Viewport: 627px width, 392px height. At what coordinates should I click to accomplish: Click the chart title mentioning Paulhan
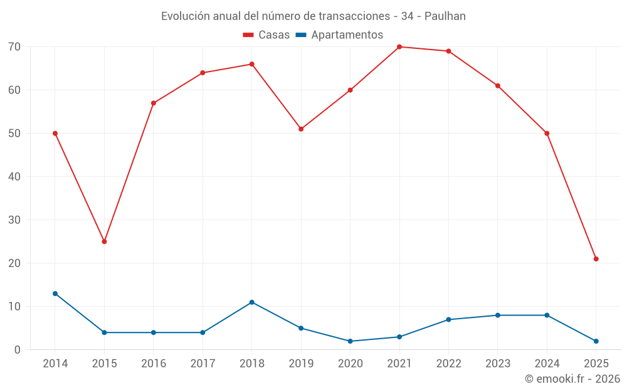click(x=313, y=16)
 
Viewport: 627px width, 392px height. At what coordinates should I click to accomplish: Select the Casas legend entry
click(x=266, y=34)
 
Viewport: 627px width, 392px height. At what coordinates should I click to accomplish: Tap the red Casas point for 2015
click(x=104, y=241)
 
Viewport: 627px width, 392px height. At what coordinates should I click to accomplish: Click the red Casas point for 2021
click(x=399, y=47)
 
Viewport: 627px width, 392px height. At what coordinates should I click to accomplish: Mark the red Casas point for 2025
click(x=596, y=259)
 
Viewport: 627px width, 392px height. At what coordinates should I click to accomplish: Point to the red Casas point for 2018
click(x=251, y=64)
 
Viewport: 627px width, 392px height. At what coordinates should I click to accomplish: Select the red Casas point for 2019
click(x=301, y=129)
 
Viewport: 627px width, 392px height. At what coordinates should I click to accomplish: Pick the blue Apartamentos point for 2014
click(x=55, y=294)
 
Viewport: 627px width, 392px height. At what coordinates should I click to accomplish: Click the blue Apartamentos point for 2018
click(x=251, y=302)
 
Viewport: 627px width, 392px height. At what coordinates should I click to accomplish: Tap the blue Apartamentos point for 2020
click(x=350, y=341)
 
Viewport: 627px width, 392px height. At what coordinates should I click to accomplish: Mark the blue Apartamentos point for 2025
click(x=596, y=341)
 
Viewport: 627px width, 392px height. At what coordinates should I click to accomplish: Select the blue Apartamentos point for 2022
click(x=448, y=320)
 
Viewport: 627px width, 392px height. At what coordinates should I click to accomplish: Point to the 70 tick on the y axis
click(x=14, y=47)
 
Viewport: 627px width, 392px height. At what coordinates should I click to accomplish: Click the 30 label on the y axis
click(x=14, y=220)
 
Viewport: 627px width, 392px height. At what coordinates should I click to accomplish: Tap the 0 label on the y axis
click(x=18, y=350)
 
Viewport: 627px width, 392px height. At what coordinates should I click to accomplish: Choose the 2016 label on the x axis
click(x=154, y=363)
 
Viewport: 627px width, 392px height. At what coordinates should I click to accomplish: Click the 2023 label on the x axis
click(x=497, y=363)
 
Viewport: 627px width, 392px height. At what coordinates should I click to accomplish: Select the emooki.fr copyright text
click(x=572, y=379)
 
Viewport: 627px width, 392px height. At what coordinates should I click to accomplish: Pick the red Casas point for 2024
click(x=547, y=134)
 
